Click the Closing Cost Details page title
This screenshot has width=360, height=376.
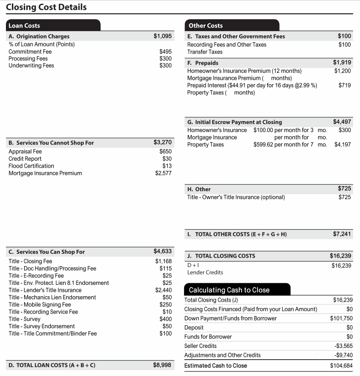46,7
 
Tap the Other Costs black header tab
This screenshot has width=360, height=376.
205,26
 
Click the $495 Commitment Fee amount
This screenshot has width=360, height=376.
165,51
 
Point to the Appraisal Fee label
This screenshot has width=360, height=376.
25,152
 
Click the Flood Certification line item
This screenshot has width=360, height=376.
31,166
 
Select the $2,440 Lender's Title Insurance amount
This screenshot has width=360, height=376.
163,290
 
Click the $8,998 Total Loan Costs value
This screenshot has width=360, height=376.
163,365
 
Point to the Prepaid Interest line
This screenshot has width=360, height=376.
252,85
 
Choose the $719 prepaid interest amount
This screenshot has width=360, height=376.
345,85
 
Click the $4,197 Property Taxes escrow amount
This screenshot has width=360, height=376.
342,144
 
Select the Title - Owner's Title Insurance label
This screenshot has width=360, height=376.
236,197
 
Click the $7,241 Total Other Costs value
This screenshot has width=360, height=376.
342,234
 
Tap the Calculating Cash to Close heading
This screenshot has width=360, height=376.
229,290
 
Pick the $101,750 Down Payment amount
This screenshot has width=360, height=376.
341,318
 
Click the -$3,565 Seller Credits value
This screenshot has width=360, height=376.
343,346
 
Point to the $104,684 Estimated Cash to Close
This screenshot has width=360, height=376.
341,366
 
